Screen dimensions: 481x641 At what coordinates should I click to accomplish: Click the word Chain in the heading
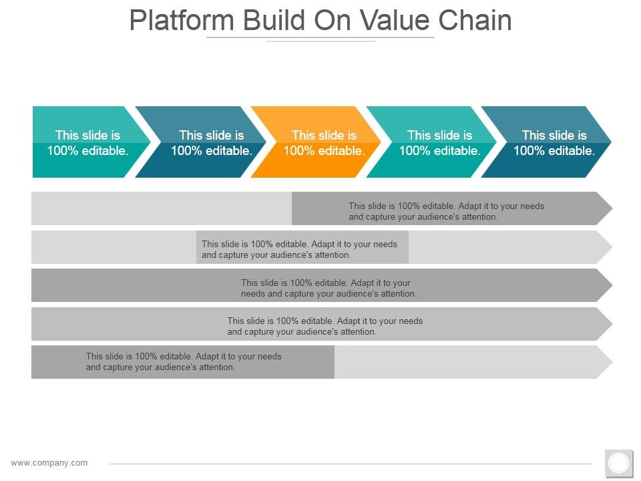coord(475,21)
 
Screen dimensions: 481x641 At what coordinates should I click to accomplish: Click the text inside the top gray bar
coord(446,211)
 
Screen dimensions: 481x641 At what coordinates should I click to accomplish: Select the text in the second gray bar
coord(299,249)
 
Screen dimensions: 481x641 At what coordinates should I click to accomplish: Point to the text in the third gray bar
coord(329,288)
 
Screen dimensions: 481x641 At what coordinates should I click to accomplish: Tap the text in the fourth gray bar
coord(325,326)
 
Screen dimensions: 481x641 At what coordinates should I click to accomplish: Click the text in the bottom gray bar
coord(184,361)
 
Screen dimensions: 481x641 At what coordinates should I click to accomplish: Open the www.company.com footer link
coord(49,462)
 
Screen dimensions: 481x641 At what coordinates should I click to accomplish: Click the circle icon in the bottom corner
coord(619,462)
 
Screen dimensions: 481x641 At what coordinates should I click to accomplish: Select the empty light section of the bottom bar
coord(467,362)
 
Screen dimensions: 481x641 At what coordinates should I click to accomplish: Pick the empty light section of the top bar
coord(160,208)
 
